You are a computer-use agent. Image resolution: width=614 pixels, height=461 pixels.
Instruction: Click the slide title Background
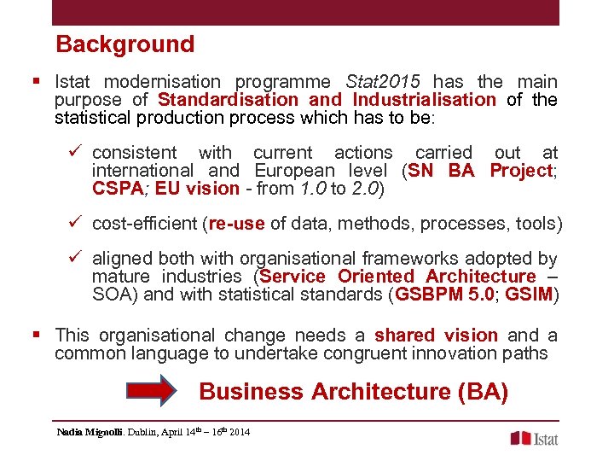(x=125, y=44)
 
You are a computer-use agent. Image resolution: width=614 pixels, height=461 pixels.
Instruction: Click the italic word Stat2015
(x=383, y=82)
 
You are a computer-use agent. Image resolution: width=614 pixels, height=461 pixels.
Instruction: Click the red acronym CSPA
(x=117, y=189)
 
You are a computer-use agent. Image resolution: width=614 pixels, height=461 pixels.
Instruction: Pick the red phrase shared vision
(x=436, y=336)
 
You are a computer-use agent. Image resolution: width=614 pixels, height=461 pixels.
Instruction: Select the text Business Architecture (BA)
(x=353, y=392)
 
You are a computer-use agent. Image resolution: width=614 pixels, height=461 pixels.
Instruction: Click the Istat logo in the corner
(x=534, y=438)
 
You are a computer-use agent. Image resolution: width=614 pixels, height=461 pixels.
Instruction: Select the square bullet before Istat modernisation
(x=36, y=82)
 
